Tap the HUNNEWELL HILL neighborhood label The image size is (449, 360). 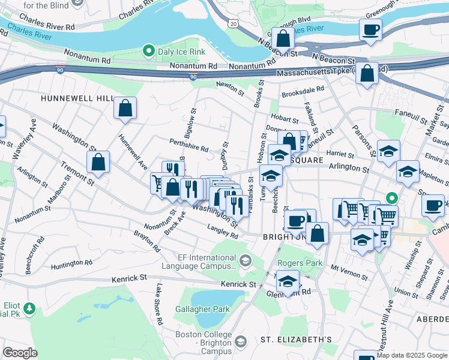tap(77, 97)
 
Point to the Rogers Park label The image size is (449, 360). tap(300, 263)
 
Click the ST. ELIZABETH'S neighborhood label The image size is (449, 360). tap(296, 340)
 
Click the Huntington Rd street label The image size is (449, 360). tap(71, 263)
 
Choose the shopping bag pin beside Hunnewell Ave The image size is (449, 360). tap(125, 109)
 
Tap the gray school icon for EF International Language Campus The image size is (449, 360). tap(245, 260)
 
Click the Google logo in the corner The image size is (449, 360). tap(20, 352)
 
